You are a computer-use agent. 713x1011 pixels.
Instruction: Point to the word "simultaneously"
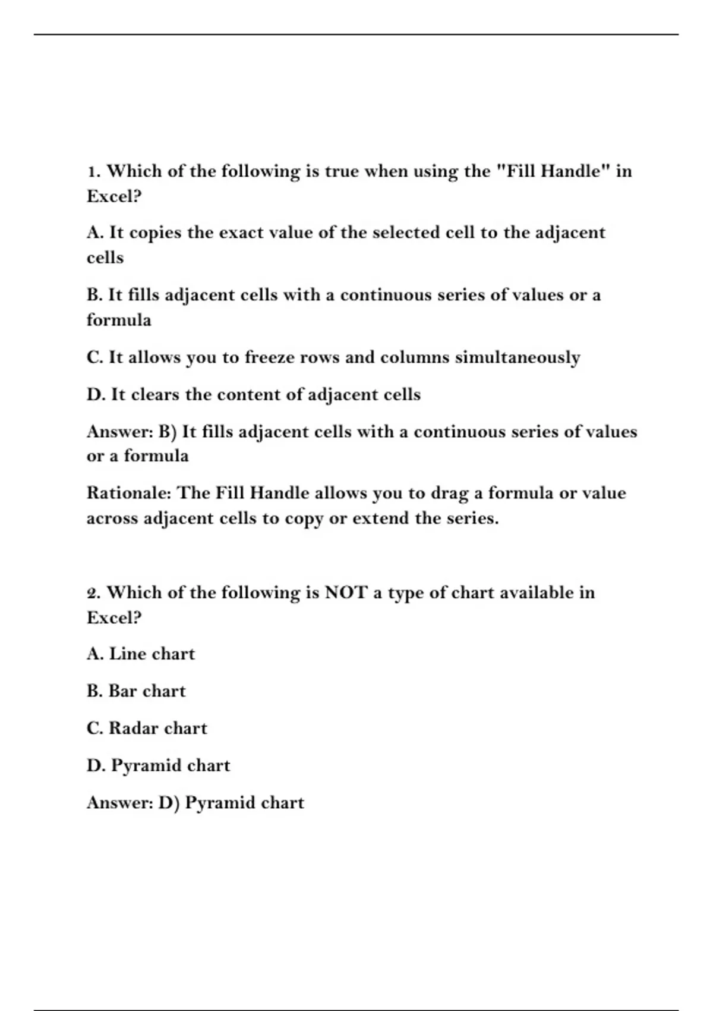pos(518,358)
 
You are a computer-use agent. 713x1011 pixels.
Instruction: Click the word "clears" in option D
pos(154,395)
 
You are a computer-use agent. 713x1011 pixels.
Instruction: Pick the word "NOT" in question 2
pos(346,593)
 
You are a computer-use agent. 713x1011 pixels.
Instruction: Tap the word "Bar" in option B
pos(122,691)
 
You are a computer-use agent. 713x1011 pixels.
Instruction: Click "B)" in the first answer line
pos(167,432)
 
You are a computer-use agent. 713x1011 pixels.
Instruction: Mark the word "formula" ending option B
pos(119,321)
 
